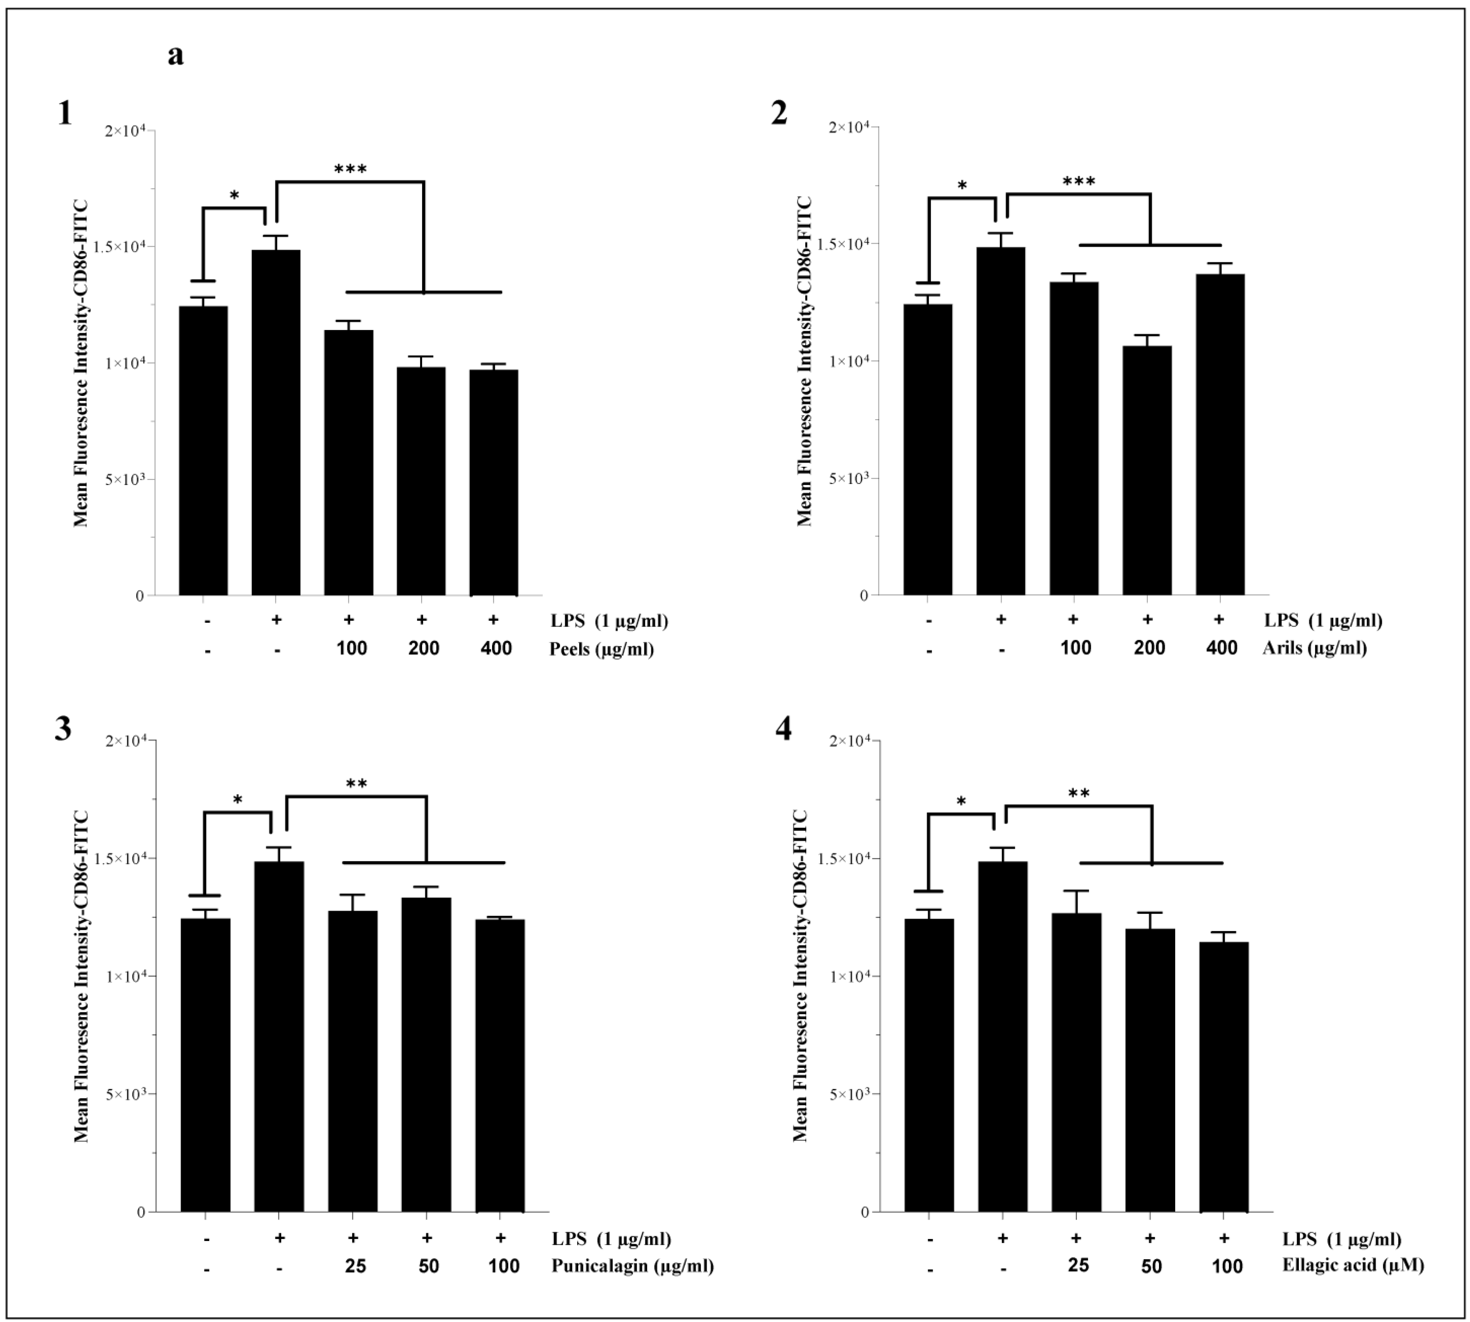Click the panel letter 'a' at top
point(175,55)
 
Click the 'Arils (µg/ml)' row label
point(1315,647)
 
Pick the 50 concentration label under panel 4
point(1151,1266)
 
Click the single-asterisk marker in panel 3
point(238,801)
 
